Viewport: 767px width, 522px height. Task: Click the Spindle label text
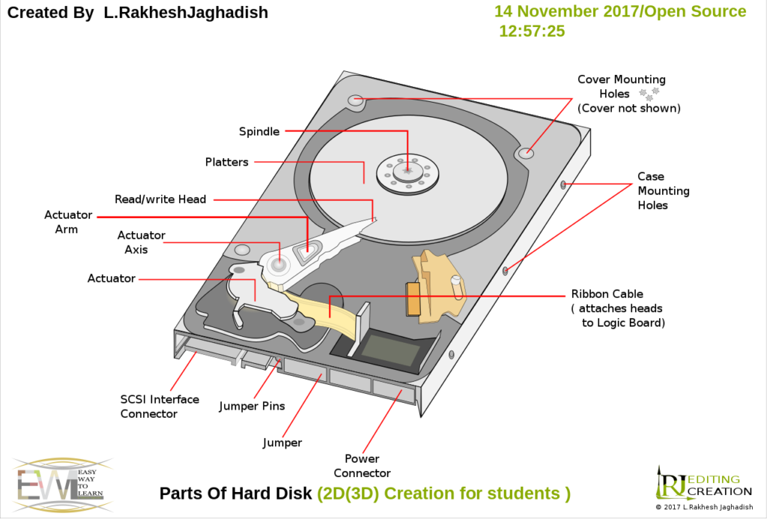click(x=259, y=132)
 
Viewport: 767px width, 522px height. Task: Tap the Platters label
click(x=226, y=162)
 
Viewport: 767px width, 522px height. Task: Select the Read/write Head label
click(x=160, y=199)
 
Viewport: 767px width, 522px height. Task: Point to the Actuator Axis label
click(x=141, y=243)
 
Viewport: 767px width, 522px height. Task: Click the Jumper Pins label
click(x=252, y=406)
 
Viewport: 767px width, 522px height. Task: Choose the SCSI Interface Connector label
click(x=160, y=407)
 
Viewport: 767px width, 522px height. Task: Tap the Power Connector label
click(x=362, y=466)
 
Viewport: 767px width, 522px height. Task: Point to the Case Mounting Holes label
click(x=652, y=191)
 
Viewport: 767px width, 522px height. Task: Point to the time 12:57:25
click(x=532, y=31)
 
